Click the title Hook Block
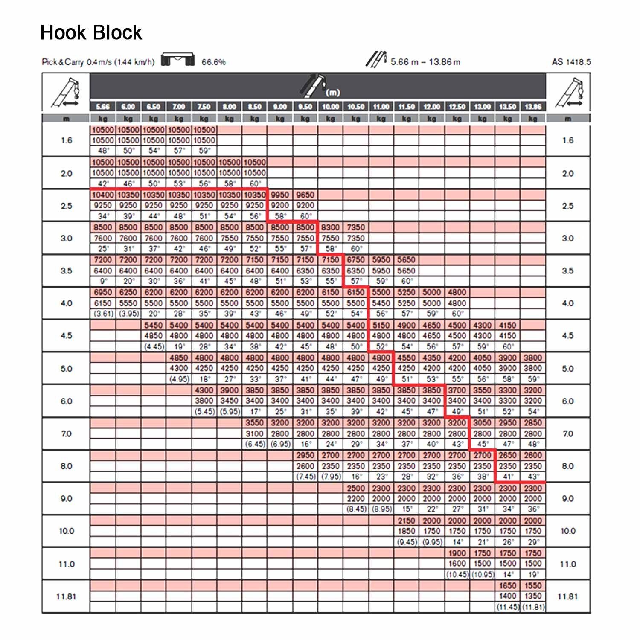click(x=91, y=33)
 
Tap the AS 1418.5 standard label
click(x=571, y=62)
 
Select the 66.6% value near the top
click(x=213, y=62)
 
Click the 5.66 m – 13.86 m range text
click(x=425, y=62)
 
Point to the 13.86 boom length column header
click(x=533, y=107)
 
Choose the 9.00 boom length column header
click(x=280, y=107)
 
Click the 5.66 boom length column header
click(x=103, y=107)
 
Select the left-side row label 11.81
click(x=66, y=596)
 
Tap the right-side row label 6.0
click(x=567, y=401)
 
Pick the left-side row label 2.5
click(x=66, y=206)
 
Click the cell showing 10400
click(x=103, y=195)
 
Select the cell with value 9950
click(x=280, y=195)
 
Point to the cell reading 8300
click(x=330, y=227)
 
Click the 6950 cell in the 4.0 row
click(x=103, y=292)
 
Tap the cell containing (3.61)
click(x=103, y=314)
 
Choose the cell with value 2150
click(x=406, y=521)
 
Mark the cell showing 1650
click(x=508, y=585)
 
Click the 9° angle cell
click(x=103, y=281)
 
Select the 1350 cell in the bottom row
click(x=533, y=596)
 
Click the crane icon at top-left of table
click(x=66, y=92)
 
